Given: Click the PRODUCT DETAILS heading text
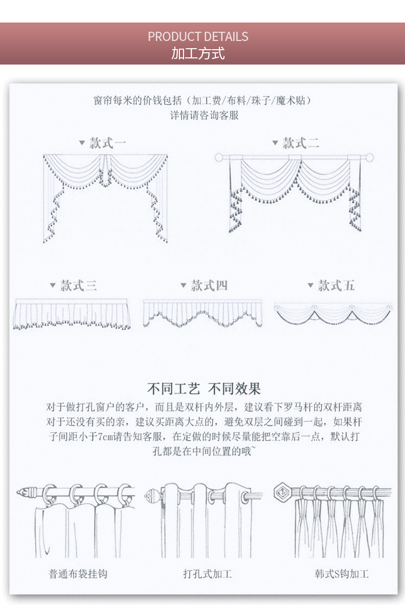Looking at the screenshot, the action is (198, 36).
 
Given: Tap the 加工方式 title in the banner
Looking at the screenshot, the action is (198, 53).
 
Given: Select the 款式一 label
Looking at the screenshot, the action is (107, 143).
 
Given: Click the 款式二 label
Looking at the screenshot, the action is (301, 143).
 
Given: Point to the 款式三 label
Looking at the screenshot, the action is (78, 285).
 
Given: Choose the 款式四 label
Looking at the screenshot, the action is (209, 285).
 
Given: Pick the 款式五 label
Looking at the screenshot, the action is (336, 285).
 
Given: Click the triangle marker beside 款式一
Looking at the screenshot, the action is (82, 143).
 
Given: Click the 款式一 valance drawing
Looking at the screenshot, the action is (105, 197).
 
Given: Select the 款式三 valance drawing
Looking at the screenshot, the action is (72, 313).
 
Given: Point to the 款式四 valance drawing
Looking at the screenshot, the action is (202, 313).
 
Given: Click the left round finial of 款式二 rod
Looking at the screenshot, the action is (219, 157).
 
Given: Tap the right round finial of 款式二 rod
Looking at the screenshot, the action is (365, 157).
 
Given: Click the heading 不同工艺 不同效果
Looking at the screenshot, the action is (204, 388).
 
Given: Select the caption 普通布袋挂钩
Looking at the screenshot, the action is (77, 574).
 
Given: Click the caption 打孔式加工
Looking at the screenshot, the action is (207, 574).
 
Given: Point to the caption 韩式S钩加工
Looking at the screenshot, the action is (341, 574).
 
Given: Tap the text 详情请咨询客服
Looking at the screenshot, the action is (204, 115).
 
